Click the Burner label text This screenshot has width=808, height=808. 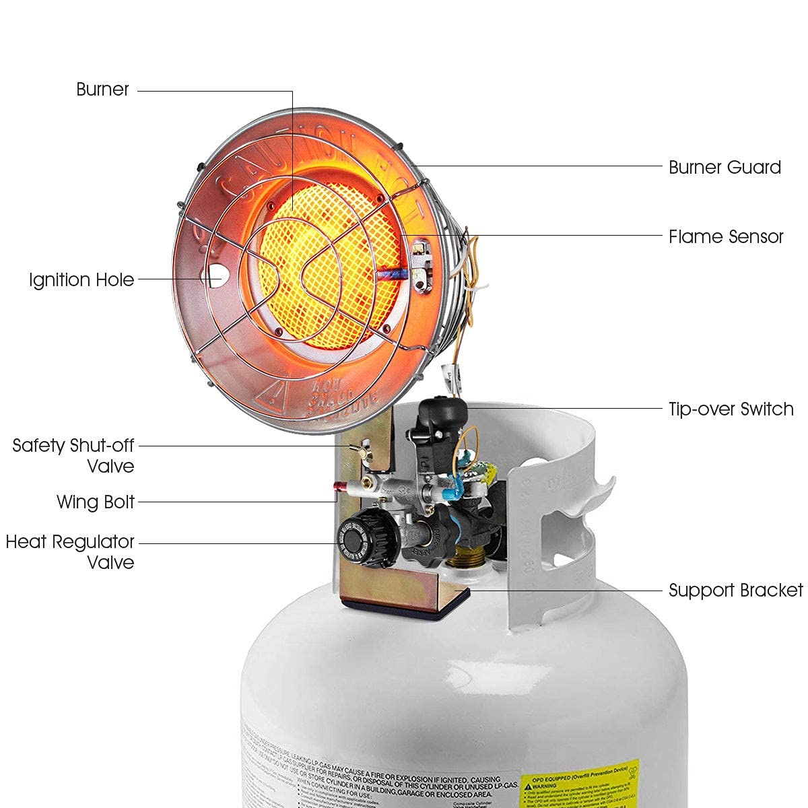pyautogui.click(x=102, y=90)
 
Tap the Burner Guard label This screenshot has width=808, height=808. pyautogui.click(x=725, y=167)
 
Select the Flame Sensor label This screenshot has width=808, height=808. pyautogui.click(x=726, y=236)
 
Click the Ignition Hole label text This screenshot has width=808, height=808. pyautogui.click(x=81, y=279)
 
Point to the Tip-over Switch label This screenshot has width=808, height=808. pyautogui.click(x=731, y=409)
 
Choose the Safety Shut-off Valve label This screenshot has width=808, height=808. pyautogui.click(x=74, y=455)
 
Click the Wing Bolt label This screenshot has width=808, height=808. pyautogui.click(x=96, y=502)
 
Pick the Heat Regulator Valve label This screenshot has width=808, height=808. pyautogui.click(x=70, y=551)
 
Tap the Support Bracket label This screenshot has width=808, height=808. pyautogui.click(x=735, y=591)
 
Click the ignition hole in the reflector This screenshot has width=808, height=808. pyautogui.click(x=215, y=275)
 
